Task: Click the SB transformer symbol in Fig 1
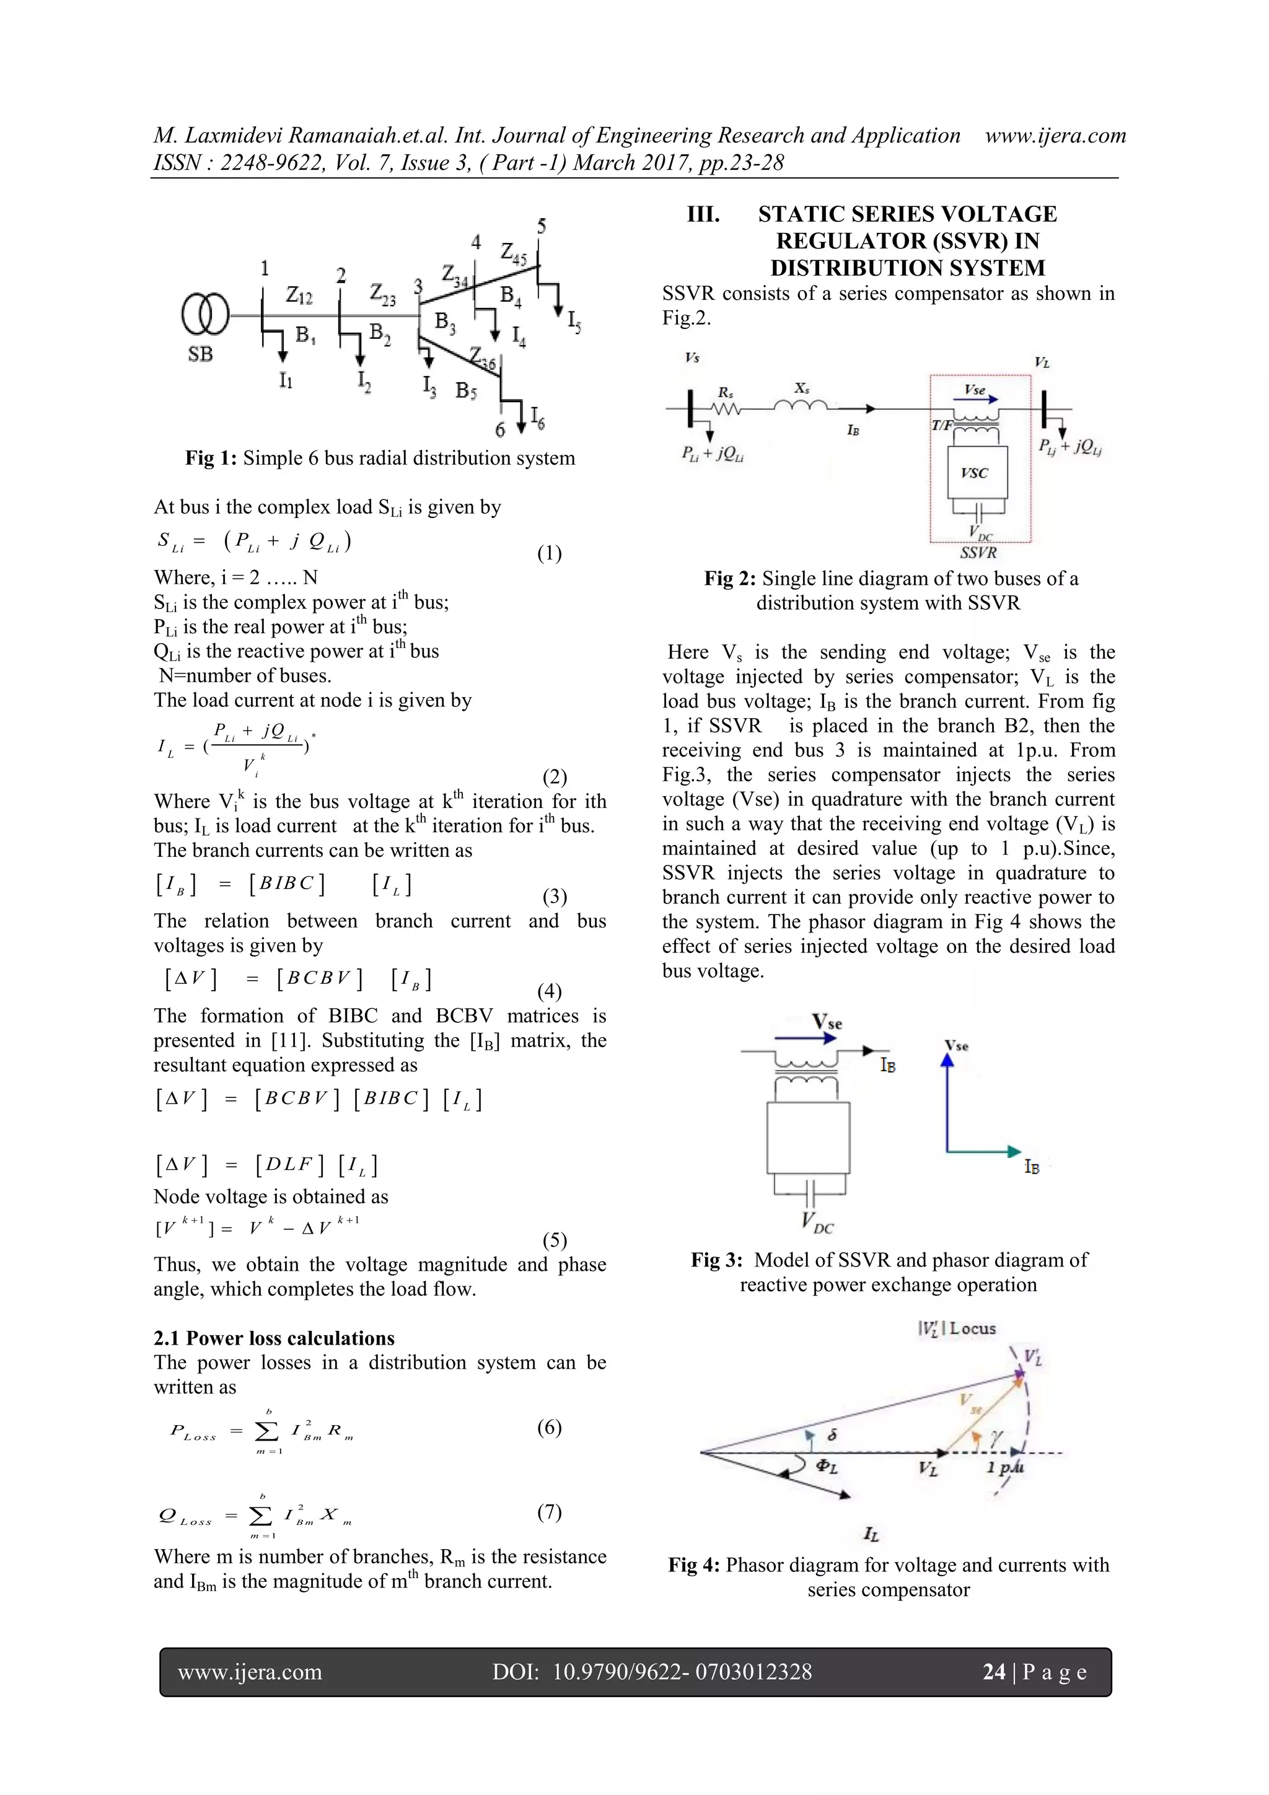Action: [205, 314]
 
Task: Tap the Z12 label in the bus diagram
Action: [299, 295]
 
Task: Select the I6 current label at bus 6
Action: [538, 418]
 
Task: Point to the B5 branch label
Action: [466, 390]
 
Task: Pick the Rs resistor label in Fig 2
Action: [726, 392]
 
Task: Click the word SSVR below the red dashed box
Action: [978, 553]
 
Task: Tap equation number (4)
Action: [549, 991]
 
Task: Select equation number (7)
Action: [549, 1512]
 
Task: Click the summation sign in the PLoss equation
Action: [268, 1431]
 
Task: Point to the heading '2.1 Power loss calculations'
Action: [274, 1338]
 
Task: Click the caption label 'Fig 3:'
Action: [716, 1260]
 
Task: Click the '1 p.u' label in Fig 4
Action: [1004, 1467]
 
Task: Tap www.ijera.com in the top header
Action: [1056, 135]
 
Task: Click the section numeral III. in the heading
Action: [703, 214]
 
